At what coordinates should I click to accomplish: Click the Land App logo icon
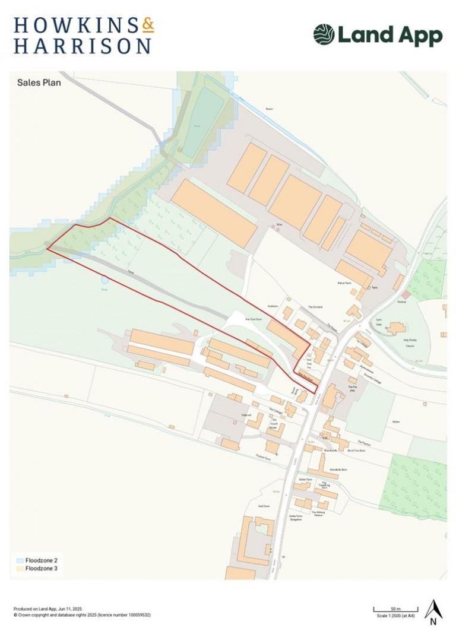pyautogui.click(x=324, y=34)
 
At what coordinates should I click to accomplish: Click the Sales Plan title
pyautogui.click(x=39, y=83)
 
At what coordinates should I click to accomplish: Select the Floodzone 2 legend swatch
pyautogui.click(x=20, y=560)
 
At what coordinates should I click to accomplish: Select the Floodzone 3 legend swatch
pyautogui.click(x=20, y=569)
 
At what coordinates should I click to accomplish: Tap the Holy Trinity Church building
pyautogui.click(x=396, y=328)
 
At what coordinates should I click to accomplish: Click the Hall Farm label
pyautogui.click(x=264, y=506)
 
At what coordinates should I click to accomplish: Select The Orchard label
pyautogui.click(x=314, y=307)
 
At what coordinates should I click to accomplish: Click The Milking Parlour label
pyautogui.click(x=319, y=513)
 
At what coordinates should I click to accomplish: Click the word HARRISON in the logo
pyautogui.click(x=83, y=45)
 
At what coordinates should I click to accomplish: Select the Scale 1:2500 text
pyautogui.click(x=396, y=616)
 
